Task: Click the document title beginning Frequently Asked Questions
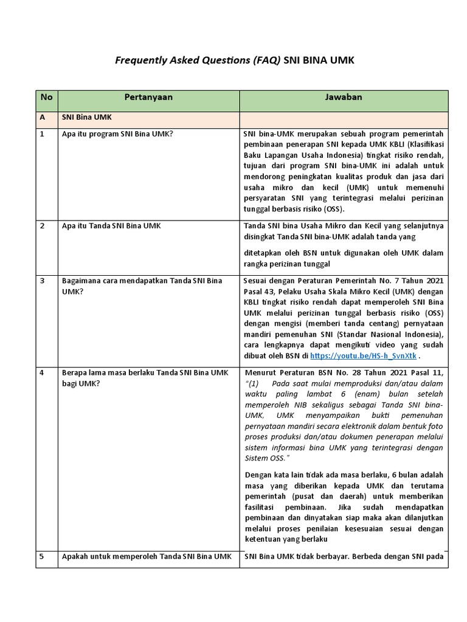click(234, 61)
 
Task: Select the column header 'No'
click(47, 97)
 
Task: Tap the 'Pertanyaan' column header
click(148, 97)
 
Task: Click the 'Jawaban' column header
click(344, 97)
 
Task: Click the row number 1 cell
click(43, 134)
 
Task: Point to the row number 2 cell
click(43, 226)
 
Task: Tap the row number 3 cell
click(43, 281)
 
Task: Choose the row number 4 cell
click(43, 372)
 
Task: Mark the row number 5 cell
click(43, 556)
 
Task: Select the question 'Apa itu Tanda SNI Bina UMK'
click(112, 226)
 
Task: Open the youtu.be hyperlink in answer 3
click(364, 355)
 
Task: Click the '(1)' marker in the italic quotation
click(254, 383)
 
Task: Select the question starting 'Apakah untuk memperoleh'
click(147, 556)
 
